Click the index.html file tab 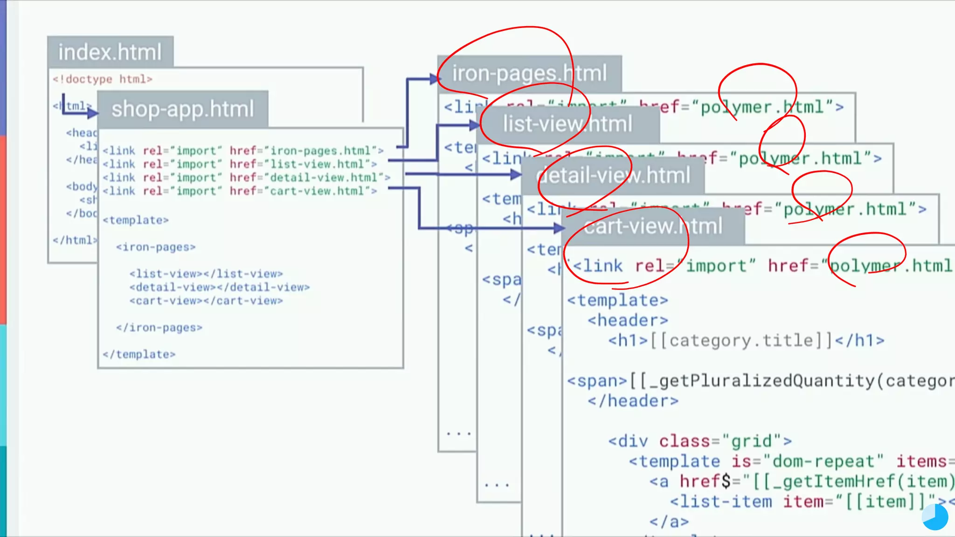(110, 52)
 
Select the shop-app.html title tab (182, 109)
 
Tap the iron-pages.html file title (529, 74)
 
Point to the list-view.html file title (567, 124)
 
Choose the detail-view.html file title (613, 176)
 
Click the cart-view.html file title (653, 227)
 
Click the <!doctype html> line (103, 79)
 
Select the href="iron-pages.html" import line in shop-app (242, 151)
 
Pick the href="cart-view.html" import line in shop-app (239, 191)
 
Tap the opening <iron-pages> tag (156, 247)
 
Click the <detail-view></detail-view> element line (220, 287)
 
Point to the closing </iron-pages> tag (159, 328)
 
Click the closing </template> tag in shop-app (139, 355)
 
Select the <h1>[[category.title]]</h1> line (746, 341)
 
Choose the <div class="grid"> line (699, 441)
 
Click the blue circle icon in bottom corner (935, 517)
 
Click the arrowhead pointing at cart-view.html (560, 228)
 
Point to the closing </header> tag (633, 401)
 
